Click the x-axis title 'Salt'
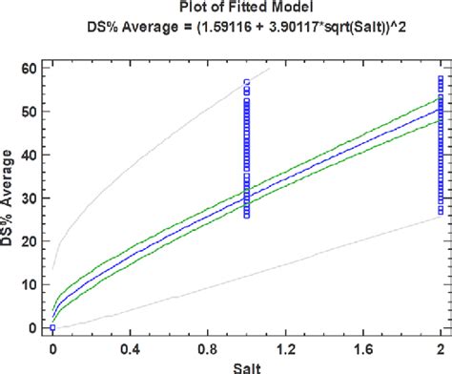point(245,366)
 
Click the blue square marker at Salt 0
point(51,327)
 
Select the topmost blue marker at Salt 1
point(246,83)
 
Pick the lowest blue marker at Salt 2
point(440,211)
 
